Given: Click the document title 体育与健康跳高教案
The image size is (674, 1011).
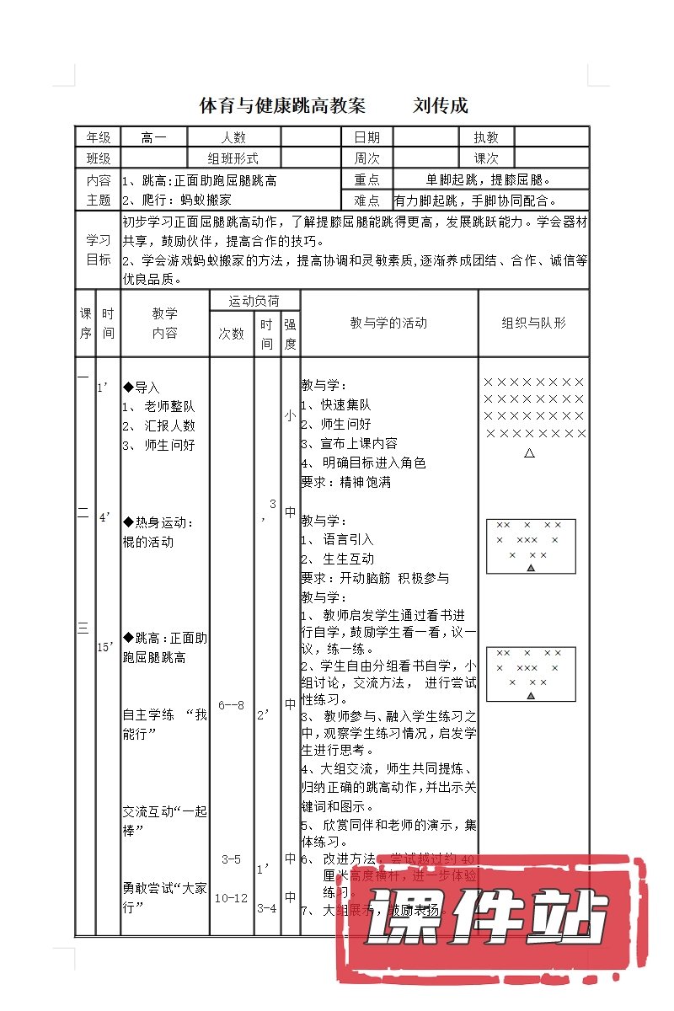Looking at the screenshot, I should (282, 106).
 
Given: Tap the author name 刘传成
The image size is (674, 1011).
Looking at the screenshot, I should (441, 106).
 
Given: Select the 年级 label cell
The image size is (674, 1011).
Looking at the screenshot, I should (98, 137).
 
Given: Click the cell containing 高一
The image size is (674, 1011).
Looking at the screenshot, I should (154, 137).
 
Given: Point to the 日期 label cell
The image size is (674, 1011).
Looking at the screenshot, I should (366, 137).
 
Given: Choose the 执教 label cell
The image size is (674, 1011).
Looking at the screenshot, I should (486, 137).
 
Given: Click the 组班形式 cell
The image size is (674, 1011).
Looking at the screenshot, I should (233, 158).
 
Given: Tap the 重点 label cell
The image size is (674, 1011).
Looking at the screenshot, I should (366, 179).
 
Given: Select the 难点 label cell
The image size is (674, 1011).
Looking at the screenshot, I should (366, 201).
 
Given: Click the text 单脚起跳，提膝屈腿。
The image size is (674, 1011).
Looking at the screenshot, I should (489, 179).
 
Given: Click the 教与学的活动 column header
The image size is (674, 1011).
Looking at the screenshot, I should (388, 323).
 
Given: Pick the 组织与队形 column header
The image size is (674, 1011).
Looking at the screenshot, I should (533, 323).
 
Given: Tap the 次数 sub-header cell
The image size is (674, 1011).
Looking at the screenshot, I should (232, 334).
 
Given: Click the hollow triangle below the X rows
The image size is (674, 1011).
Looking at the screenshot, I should (530, 453).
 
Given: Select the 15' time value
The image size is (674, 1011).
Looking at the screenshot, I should (106, 647).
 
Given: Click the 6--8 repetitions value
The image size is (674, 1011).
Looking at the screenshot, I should (231, 704).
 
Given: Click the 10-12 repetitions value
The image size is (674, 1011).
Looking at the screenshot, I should (231, 898).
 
